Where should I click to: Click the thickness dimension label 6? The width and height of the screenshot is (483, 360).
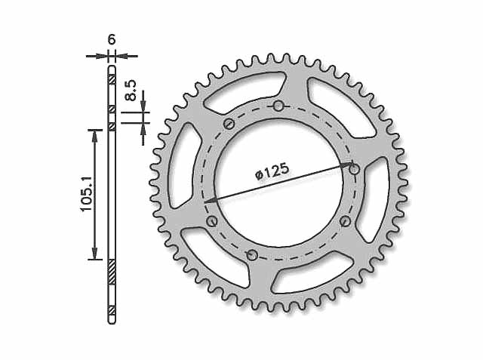[112, 39]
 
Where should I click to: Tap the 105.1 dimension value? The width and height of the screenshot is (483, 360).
[87, 194]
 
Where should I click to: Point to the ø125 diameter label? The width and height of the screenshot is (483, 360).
[272, 171]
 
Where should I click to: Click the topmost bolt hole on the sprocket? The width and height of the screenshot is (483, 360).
[278, 106]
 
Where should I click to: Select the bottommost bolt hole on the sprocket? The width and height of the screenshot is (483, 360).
[252, 255]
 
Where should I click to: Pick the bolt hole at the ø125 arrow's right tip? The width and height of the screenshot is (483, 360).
[355, 169]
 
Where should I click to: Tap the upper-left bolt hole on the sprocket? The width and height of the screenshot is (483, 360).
[229, 124]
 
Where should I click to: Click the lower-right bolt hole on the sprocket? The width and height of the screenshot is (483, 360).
[346, 220]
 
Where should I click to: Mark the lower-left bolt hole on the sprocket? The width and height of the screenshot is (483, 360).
[212, 220]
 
